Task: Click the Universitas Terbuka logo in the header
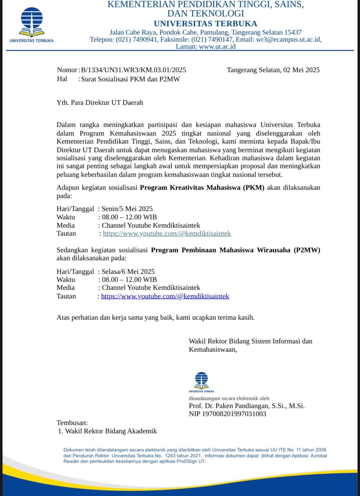coord(31,24)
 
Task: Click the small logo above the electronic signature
coord(201,382)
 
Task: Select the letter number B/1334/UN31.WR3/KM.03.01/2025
coord(134,70)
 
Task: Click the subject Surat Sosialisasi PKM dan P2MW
coord(130,79)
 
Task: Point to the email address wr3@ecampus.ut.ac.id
coord(288,40)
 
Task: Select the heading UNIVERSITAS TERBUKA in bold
coord(205,24)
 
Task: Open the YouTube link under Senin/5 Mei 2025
coord(167,233)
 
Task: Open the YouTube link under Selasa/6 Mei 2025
coord(165,296)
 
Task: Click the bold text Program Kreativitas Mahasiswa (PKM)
coord(202,188)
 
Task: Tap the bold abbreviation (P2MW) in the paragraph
coord(307,250)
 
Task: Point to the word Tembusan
coord(72,423)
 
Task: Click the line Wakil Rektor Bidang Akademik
coord(111,431)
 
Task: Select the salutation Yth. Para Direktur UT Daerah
coord(100,103)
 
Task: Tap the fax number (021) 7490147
coord(212,40)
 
